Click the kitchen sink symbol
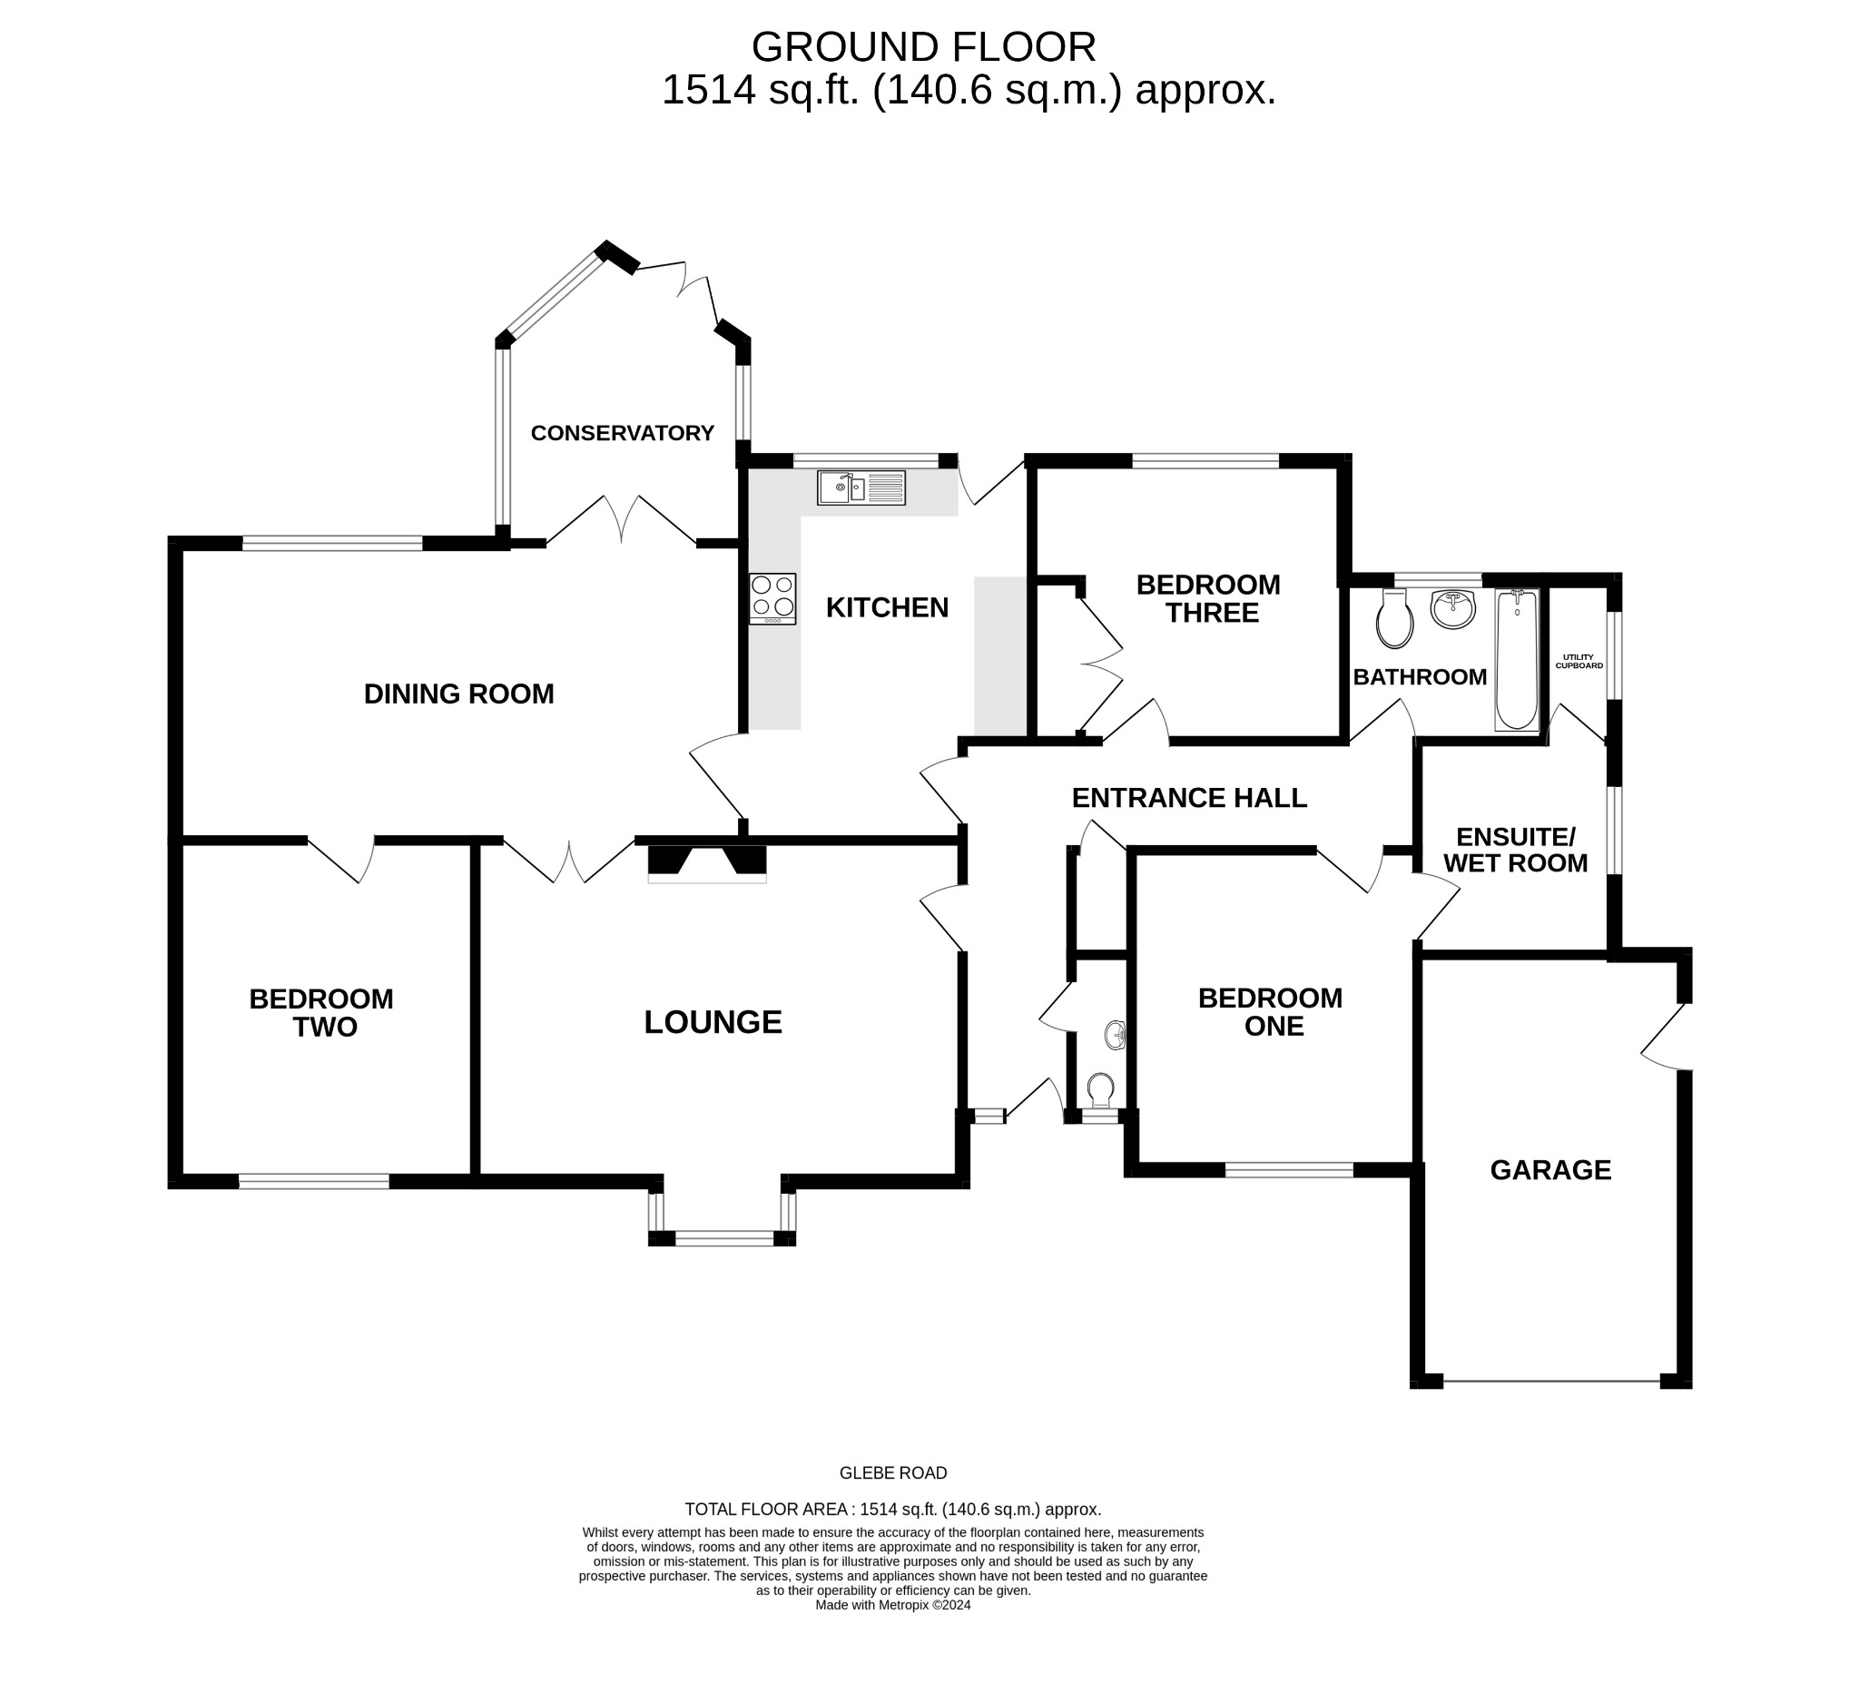coord(861,487)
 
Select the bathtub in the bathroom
coord(1517,659)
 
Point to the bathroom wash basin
coord(1453,609)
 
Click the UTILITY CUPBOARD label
coord(1579,661)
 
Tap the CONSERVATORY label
coord(623,432)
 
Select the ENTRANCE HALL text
coord(1188,798)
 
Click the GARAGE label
coord(1550,1169)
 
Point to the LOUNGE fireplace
coord(707,863)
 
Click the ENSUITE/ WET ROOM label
coord(1515,850)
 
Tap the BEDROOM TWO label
coord(322,1012)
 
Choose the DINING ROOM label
coord(458,694)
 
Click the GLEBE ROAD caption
coord(892,1472)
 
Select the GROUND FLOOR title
coord(923,46)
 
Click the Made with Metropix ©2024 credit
coord(892,1604)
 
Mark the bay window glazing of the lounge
coord(723,1238)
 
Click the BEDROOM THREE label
coord(1209,598)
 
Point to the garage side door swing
coord(1667,1038)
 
